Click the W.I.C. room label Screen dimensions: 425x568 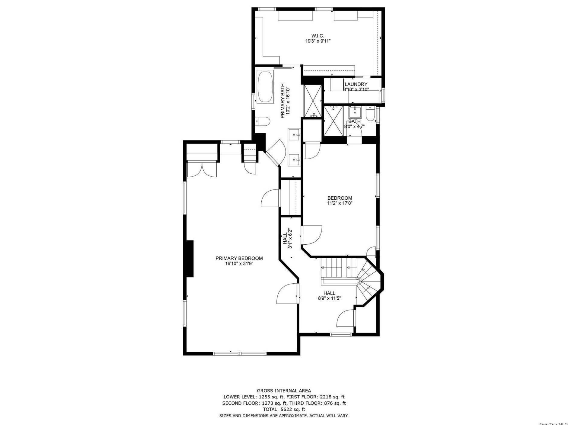tap(318, 36)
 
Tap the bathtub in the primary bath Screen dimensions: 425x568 tap(265, 87)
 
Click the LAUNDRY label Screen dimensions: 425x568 tap(356, 84)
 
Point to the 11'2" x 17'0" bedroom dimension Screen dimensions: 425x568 tap(340, 203)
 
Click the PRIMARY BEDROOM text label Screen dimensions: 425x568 tap(239, 258)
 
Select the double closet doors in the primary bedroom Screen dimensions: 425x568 tap(202, 169)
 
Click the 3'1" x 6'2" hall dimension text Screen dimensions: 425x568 tap(290, 238)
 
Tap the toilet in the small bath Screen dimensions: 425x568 tap(370, 114)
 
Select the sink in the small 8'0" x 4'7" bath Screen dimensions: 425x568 tap(355, 112)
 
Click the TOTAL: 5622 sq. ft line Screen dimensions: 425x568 tap(284, 409)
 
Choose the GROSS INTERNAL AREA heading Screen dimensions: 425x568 tap(284, 391)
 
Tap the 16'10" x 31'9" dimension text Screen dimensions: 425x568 tap(239, 264)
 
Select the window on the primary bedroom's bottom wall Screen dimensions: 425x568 tap(239, 353)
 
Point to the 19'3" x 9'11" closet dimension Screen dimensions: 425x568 tap(318, 41)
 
